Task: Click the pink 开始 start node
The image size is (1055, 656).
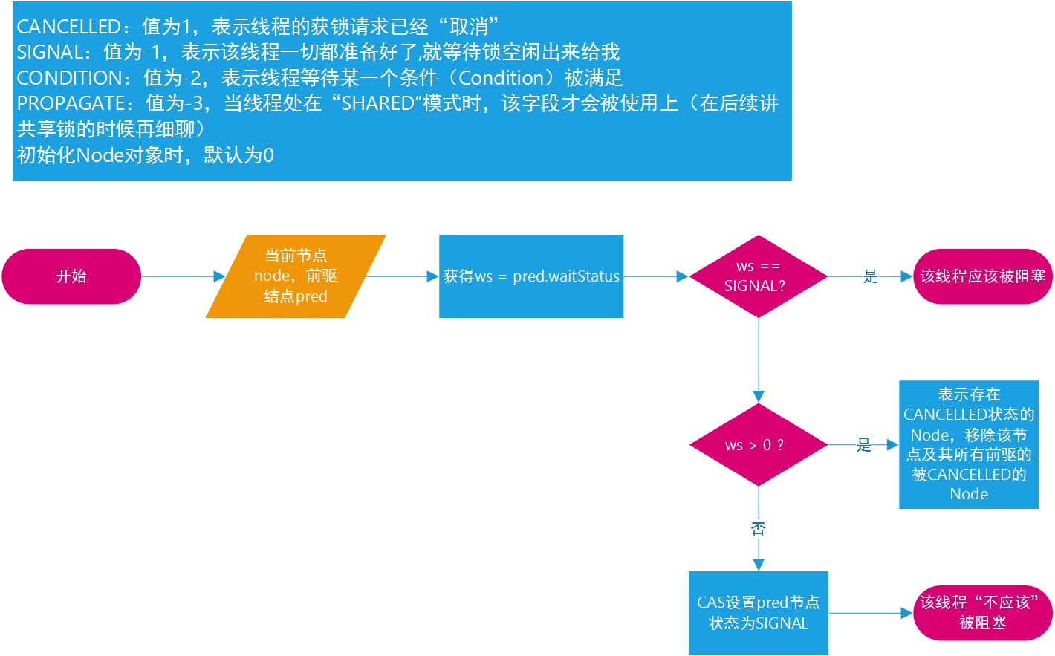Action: [x=71, y=276]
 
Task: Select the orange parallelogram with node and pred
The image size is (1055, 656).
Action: [x=296, y=276]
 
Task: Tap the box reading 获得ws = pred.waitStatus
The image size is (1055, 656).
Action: [x=531, y=276]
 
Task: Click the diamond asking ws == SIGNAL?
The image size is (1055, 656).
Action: [x=759, y=276]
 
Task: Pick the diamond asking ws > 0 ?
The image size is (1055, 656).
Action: [x=759, y=445]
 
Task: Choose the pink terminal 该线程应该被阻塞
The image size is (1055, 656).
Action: [x=982, y=276]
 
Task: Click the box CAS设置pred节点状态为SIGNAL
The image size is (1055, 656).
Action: [x=759, y=613]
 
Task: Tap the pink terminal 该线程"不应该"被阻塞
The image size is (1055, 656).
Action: [x=982, y=613]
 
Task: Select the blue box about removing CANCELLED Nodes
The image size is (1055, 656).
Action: [x=969, y=444]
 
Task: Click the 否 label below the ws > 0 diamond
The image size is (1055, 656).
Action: [x=759, y=529]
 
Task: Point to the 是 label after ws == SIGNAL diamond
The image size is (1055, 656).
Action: [x=871, y=277]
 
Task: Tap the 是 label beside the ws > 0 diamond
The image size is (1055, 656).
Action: [x=863, y=445]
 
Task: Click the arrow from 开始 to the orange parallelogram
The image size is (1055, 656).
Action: [x=182, y=276]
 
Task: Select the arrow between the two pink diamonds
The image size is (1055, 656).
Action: [x=759, y=360]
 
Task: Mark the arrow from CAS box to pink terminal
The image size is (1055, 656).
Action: [x=870, y=613]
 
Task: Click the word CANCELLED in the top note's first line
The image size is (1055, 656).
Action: [x=68, y=27]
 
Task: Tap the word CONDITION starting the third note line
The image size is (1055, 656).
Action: [x=69, y=78]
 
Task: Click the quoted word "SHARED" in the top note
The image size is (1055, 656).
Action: [x=379, y=103]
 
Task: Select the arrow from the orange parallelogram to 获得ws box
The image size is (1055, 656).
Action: [x=401, y=276]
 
